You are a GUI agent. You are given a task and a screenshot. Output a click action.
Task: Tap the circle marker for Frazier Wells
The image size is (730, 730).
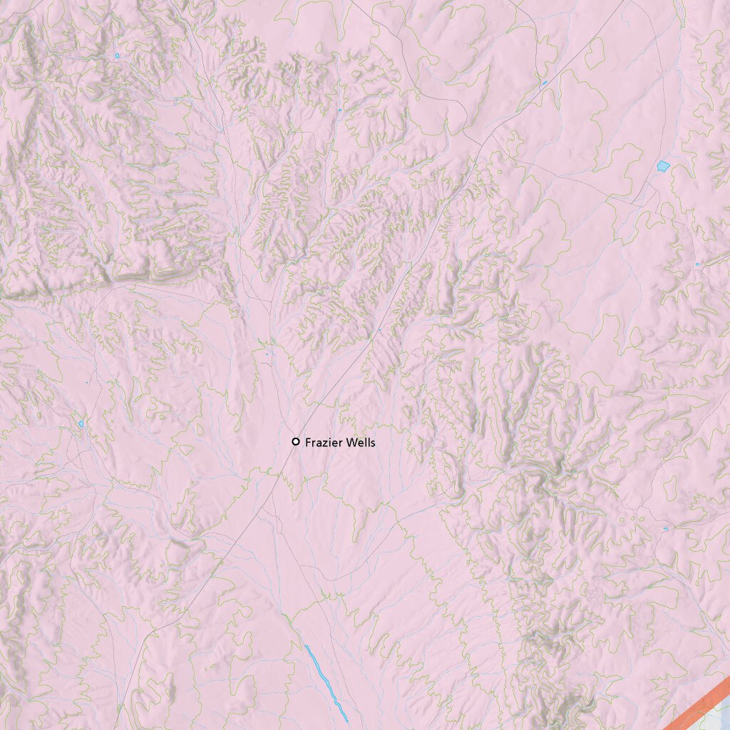click(296, 442)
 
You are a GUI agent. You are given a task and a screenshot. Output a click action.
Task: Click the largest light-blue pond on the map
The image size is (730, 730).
click(663, 166)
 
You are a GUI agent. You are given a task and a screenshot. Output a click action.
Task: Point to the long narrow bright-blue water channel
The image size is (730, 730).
click(325, 681)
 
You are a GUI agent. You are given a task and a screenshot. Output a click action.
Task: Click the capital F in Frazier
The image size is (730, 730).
click(308, 443)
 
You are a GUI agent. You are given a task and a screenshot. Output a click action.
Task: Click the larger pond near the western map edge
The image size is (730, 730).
click(81, 423)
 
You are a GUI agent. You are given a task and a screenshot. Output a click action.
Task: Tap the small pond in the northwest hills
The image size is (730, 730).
click(117, 56)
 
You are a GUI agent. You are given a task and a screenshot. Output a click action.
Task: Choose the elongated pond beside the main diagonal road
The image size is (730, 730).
click(545, 83)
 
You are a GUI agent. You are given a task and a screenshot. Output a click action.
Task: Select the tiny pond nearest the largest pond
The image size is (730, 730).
click(697, 264)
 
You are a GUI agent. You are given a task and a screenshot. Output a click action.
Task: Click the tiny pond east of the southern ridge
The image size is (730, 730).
click(665, 528)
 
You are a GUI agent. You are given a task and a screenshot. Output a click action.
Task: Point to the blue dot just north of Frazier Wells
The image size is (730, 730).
click(267, 354)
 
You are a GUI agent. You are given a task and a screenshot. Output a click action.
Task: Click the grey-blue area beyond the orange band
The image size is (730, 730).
click(721, 716)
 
